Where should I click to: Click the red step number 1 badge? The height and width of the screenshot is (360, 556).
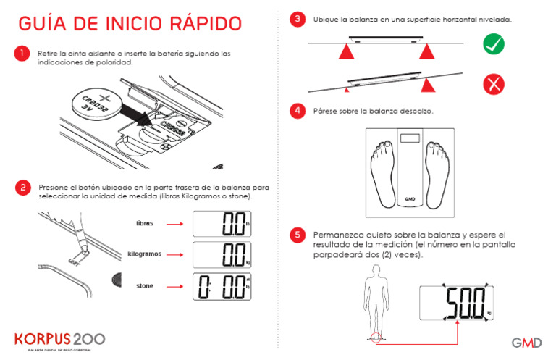(23, 54)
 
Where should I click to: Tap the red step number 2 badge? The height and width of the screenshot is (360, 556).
(23, 187)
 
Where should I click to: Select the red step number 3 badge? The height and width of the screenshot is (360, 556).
(297, 20)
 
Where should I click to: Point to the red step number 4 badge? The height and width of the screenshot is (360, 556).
(297, 111)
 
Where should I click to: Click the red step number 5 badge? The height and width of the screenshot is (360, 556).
(297, 235)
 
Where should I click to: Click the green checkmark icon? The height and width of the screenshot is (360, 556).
(494, 46)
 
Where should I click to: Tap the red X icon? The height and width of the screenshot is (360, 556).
(494, 85)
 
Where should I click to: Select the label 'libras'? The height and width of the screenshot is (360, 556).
(145, 224)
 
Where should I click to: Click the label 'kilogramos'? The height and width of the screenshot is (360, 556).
(144, 255)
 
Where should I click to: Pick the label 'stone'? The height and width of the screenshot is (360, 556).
(145, 286)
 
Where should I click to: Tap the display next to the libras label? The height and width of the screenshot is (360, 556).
(222, 224)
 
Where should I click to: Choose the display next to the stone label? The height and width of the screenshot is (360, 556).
(222, 287)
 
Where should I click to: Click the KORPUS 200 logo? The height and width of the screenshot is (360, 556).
(60, 339)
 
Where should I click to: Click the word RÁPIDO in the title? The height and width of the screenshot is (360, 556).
(203, 24)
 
